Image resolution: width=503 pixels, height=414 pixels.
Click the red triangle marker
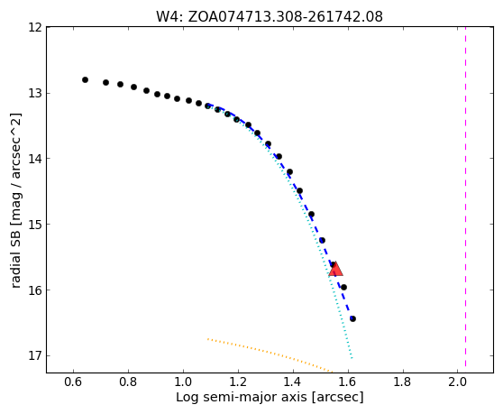pyautogui.click(x=336, y=269)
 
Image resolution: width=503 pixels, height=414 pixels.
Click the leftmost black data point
pyautogui.click(x=85, y=79)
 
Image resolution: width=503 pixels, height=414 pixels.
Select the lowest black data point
pyautogui.click(x=352, y=318)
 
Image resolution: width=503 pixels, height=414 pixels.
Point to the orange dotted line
pyautogui.click(x=270, y=355)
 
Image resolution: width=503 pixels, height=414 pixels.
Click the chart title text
pyautogui.click(x=270, y=16)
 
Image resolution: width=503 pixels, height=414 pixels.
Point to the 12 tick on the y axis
pyautogui.click(x=35, y=28)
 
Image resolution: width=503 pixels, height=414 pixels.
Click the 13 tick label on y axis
pyautogui.click(x=35, y=94)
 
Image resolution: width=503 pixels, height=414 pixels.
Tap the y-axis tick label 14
pyautogui.click(x=35, y=159)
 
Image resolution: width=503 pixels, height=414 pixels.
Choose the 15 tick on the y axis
pyautogui.click(x=35, y=225)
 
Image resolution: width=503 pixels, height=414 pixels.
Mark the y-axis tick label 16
pyautogui.click(x=35, y=290)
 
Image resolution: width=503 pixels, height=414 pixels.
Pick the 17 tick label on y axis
pyautogui.click(x=35, y=356)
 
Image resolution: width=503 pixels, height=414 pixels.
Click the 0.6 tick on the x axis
pyautogui.click(x=73, y=382)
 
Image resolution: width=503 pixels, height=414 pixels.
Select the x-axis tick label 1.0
pyautogui.click(x=183, y=382)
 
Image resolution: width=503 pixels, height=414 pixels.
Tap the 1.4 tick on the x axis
pyautogui.click(x=293, y=382)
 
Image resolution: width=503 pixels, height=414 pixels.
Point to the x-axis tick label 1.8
pyautogui.click(x=402, y=382)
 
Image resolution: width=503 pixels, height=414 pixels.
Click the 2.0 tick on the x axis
pyautogui.click(x=457, y=382)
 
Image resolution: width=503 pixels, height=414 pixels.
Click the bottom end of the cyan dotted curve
pyautogui.click(x=352, y=357)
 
